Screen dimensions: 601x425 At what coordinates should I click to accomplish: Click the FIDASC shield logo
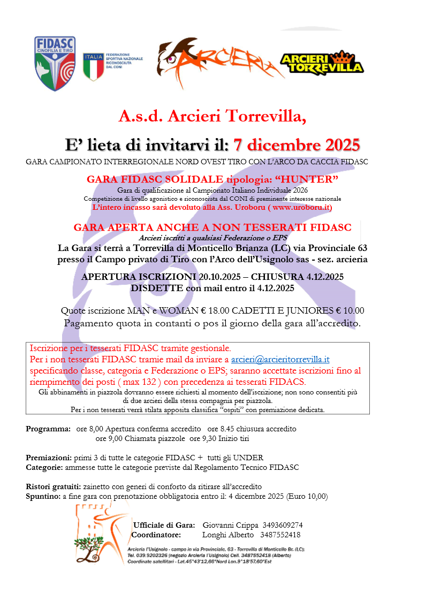(55, 64)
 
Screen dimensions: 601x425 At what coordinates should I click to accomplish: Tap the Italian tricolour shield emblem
(93, 66)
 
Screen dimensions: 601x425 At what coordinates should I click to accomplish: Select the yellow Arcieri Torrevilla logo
(322, 63)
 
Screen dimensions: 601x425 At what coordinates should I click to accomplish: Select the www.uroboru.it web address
(300, 207)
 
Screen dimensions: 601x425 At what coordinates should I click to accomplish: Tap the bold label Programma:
(48, 429)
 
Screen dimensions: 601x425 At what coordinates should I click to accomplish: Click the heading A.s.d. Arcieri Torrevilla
(212, 115)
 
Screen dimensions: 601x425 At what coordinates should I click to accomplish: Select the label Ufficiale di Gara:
(164, 525)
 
